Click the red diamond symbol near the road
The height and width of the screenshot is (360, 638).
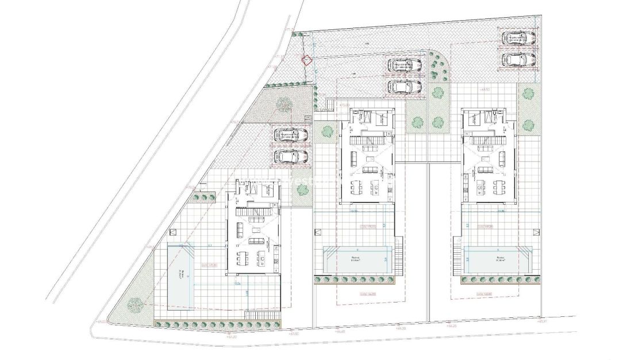(x=308, y=59)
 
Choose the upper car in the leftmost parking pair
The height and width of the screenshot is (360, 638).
(x=291, y=135)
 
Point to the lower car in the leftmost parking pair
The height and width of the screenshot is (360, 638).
(x=291, y=156)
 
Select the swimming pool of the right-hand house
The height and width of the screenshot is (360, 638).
(x=495, y=260)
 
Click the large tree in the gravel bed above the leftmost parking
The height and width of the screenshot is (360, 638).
(x=283, y=104)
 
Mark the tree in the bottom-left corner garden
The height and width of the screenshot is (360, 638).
(x=135, y=303)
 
